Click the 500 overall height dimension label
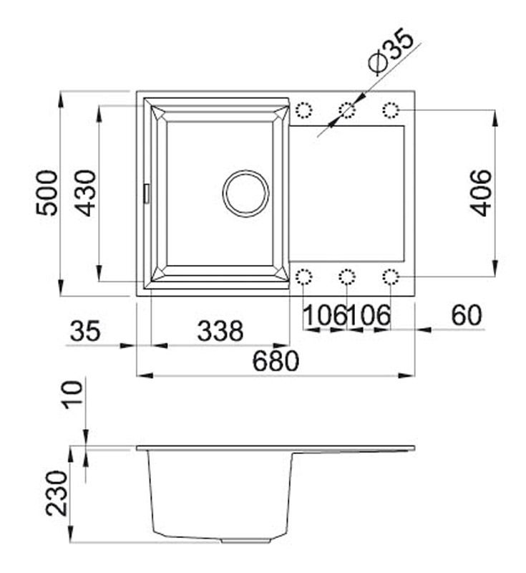[x=47, y=193]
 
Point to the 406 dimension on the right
[x=481, y=193]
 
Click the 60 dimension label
[x=467, y=315]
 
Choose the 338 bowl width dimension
[x=220, y=330]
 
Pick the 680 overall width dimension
[x=276, y=361]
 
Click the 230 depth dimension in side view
[x=57, y=493]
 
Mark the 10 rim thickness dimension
[x=72, y=395]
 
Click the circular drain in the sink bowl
[x=245, y=193]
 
